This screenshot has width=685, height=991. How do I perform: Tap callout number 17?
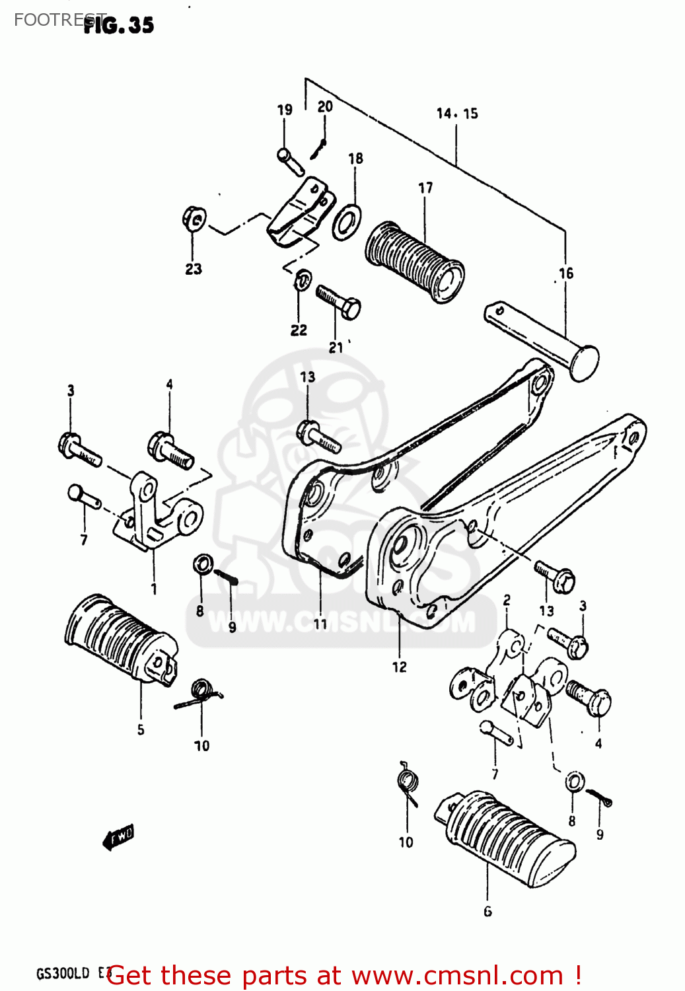tap(425, 188)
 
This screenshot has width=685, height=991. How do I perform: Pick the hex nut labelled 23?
tap(194, 219)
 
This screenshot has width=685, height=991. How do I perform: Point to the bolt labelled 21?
tap(338, 301)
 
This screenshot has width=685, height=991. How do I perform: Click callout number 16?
tap(566, 273)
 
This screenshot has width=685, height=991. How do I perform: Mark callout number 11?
tap(320, 624)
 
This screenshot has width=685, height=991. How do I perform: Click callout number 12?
tap(400, 667)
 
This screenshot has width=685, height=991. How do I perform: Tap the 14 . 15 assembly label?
tap(456, 114)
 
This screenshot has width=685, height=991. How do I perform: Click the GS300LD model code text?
tap(62, 974)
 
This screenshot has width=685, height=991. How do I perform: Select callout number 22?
tap(299, 330)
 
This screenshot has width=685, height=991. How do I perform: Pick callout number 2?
tap(507, 600)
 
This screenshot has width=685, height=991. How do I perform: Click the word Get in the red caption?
tap(129, 975)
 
